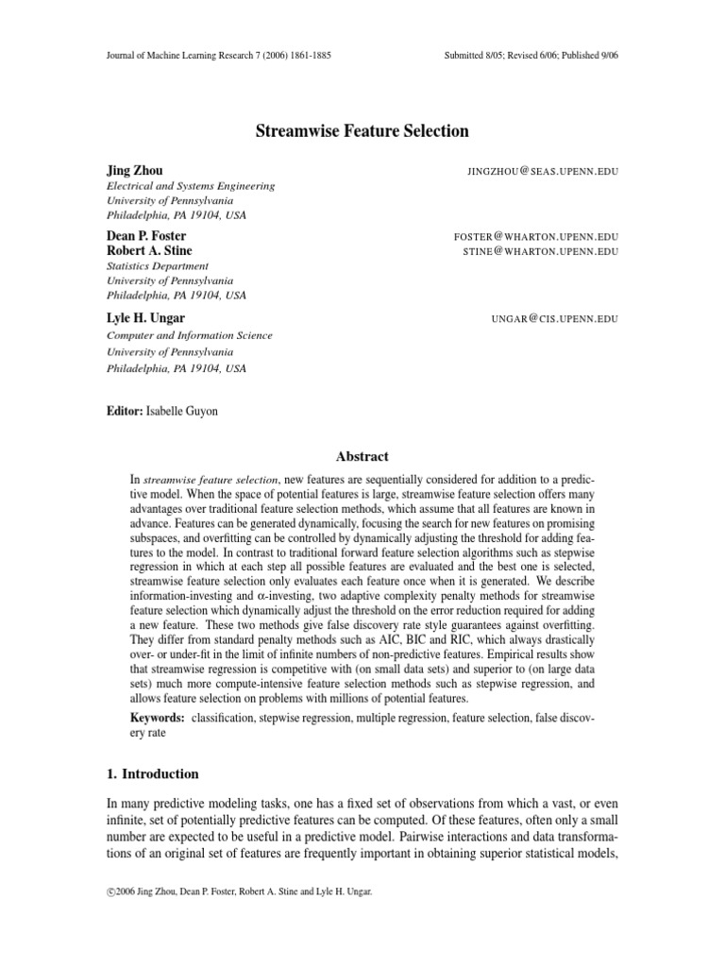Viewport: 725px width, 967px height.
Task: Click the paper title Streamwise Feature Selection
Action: [362, 131]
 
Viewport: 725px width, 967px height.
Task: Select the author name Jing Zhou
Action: [134, 170]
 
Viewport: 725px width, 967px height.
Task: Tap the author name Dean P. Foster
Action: [146, 235]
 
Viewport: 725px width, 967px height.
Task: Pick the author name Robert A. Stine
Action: [148, 250]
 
